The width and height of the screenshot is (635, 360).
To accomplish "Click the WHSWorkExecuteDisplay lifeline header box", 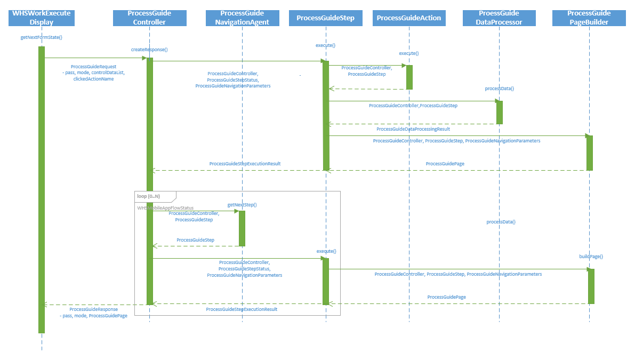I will tap(42, 18).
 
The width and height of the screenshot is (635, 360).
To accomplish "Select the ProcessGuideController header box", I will tap(149, 18).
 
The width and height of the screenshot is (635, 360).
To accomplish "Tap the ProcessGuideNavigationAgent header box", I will tap(242, 18).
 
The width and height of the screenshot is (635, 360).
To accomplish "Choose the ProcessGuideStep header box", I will tap(325, 18).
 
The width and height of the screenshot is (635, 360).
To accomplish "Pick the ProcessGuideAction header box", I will tap(409, 18).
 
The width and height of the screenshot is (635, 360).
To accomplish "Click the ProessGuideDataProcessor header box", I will tap(499, 18).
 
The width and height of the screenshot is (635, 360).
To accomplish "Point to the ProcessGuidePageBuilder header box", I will tap(589, 18).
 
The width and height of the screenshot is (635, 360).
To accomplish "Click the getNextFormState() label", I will tap(42, 37).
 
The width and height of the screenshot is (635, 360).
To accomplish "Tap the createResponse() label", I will tap(149, 49).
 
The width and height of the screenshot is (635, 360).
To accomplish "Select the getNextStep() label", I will tap(242, 205).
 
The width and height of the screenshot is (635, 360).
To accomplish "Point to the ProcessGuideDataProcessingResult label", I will tap(413, 129).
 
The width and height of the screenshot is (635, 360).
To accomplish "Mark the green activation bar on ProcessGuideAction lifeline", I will tap(409, 77).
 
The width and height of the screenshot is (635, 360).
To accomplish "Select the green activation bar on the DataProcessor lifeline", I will tap(500, 112).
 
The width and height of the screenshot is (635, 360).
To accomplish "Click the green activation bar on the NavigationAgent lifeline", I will tap(242, 228).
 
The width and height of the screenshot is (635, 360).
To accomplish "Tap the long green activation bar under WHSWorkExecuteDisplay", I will tap(42, 189).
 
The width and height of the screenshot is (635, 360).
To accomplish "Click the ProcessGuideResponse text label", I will tap(93, 309).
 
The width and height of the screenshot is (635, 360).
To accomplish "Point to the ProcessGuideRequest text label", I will tap(93, 67).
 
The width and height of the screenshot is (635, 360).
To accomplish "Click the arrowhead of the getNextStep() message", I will tap(236, 211).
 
